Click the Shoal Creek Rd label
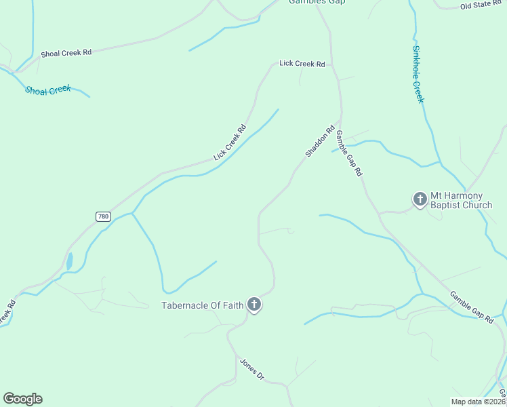click(66, 53)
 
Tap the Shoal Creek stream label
click(48, 90)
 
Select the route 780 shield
click(103, 216)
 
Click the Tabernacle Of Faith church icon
click(254, 305)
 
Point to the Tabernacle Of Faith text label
click(202, 305)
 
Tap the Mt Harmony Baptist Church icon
click(420, 199)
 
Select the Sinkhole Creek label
click(418, 75)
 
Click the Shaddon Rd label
click(320, 141)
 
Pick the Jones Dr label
click(251, 369)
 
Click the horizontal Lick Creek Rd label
click(302, 64)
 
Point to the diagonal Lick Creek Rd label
click(229, 142)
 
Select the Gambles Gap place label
click(317, 2)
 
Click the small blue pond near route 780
click(69, 260)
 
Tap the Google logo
click(22, 399)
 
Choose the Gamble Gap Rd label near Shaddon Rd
click(349, 153)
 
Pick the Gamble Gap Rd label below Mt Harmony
click(471, 306)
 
